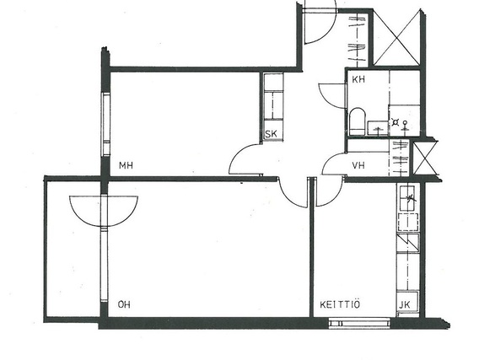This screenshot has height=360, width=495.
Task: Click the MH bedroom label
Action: (x=126, y=165)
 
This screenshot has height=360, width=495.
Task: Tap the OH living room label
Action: (x=124, y=304)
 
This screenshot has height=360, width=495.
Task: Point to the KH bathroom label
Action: (x=358, y=79)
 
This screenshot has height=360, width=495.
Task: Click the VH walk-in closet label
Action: (x=358, y=165)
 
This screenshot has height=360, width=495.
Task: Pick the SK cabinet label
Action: (x=271, y=134)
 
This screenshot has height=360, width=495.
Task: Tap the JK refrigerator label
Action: (x=405, y=305)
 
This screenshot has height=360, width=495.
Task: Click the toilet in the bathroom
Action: (x=358, y=121)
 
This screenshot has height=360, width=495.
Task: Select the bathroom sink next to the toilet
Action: (x=378, y=127)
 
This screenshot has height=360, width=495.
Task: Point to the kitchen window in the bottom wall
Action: (x=359, y=323)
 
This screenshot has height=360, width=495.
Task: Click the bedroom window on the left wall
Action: (x=105, y=124)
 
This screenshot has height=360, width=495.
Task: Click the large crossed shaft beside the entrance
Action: (x=397, y=38)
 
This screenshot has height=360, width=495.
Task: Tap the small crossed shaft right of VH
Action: (x=425, y=158)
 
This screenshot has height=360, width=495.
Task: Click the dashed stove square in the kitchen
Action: (x=408, y=222)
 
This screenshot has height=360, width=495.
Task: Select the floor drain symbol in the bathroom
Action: (x=395, y=121)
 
